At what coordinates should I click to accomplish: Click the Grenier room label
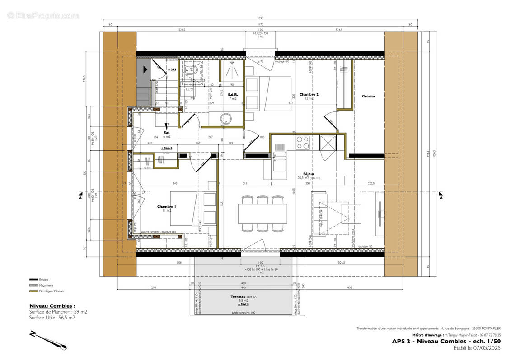[368, 96]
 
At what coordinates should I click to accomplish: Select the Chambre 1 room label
[166, 206]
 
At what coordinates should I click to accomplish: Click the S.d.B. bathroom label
[233, 94]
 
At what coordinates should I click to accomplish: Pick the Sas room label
[167, 132]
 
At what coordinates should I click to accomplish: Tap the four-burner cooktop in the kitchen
[302, 143]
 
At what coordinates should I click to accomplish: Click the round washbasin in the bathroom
[225, 119]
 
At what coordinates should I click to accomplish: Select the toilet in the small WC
[190, 69]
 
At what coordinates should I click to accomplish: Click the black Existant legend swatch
[33, 280]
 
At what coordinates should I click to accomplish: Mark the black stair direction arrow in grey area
[145, 69]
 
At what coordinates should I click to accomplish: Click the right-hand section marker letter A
[441, 198]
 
